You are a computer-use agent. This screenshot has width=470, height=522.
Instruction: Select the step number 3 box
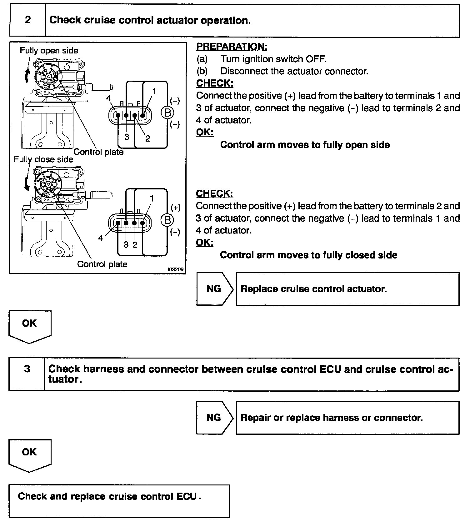pyautogui.click(x=27, y=369)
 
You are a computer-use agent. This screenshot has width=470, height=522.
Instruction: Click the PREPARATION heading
pyautogui.click(x=232, y=47)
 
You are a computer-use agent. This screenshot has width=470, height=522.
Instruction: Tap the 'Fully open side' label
pyautogui.click(x=49, y=51)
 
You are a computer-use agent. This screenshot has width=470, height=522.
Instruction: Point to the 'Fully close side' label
pyautogui.click(x=43, y=159)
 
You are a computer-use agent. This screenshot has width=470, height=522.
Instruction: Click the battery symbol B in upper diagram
pyautogui.click(x=167, y=113)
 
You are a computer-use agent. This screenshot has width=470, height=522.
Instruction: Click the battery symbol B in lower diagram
pyautogui.click(x=167, y=220)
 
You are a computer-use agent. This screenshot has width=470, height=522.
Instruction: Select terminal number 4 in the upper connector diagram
pyautogui.click(x=108, y=98)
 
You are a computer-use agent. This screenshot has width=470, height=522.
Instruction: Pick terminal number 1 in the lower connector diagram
pyautogui.click(x=152, y=198)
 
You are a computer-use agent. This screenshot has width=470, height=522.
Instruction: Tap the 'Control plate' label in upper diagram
pyautogui.click(x=98, y=152)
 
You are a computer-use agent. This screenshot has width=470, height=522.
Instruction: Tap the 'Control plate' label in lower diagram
pyautogui.click(x=102, y=264)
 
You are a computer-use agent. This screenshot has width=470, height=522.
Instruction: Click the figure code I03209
pyautogui.click(x=176, y=269)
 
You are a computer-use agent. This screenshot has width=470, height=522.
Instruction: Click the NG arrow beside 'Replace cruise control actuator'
pyautogui.click(x=214, y=289)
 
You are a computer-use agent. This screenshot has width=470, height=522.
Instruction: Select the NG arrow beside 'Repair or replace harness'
pyautogui.click(x=214, y=418)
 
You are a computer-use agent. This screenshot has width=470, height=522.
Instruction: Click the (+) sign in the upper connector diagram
pyautogui.click(x=175, y=101)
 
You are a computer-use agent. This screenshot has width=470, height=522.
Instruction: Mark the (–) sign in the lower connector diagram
pyautogui.click(x=175, y=232)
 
